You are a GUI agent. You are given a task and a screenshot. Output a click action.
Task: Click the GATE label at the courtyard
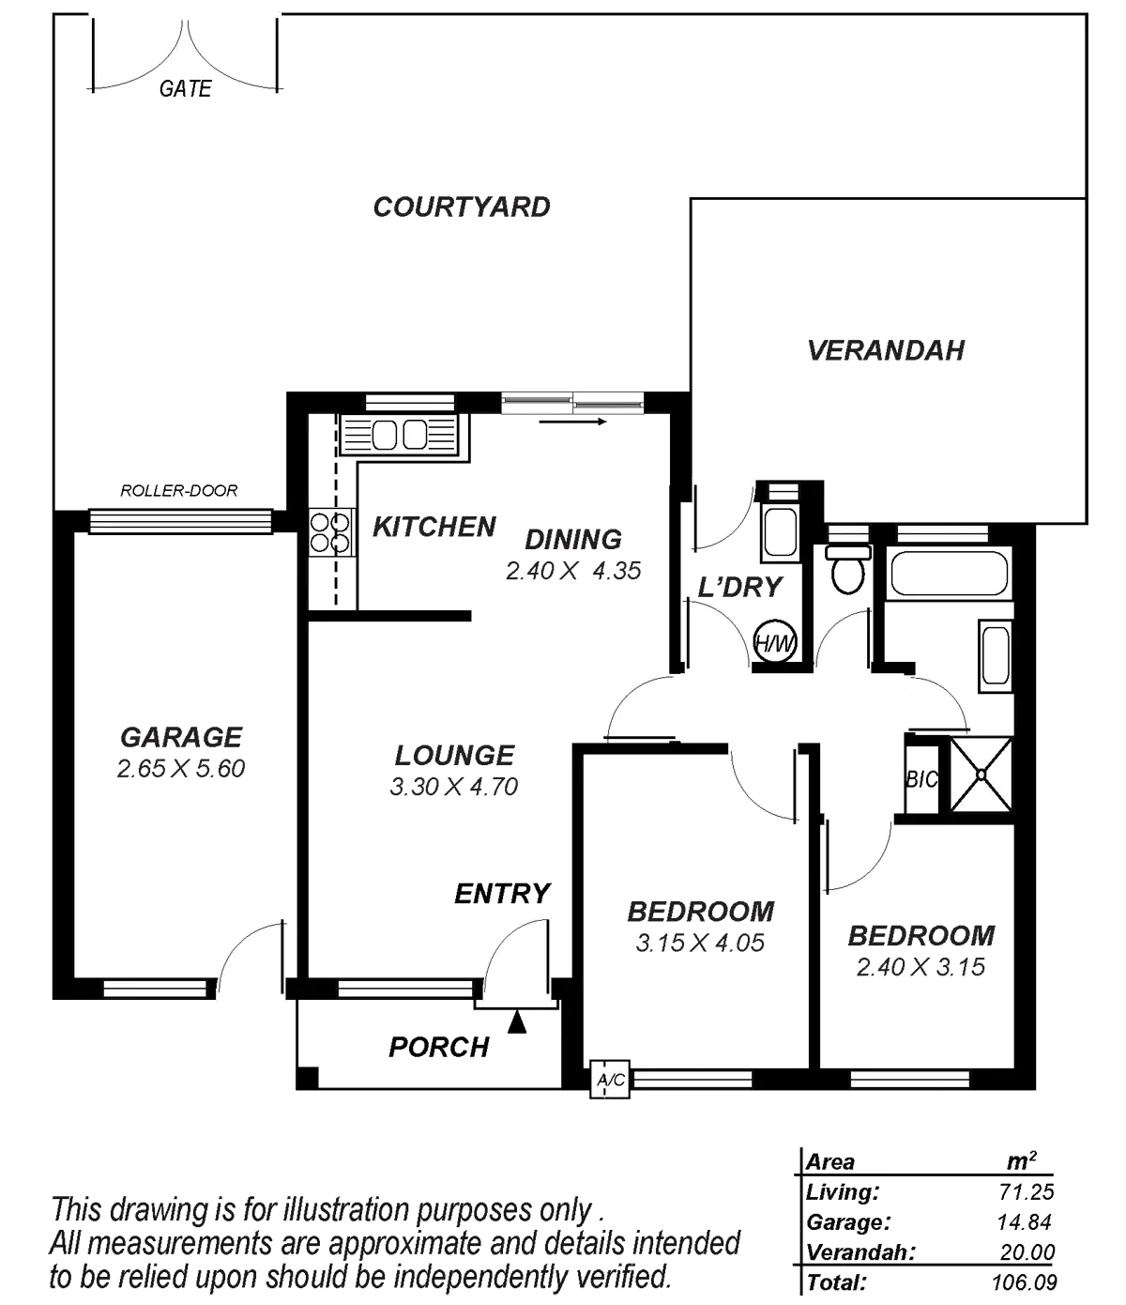click(185, 89)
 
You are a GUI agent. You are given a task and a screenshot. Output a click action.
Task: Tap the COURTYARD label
click(462, 207)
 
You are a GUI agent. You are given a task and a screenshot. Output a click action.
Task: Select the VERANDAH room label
click(887, 351)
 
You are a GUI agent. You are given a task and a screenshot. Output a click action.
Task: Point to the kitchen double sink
click(399, 436)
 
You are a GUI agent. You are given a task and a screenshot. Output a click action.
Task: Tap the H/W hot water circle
click(775, 643)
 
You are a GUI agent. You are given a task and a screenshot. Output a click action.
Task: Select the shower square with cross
click(981, 775)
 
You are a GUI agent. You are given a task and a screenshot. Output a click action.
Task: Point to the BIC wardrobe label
click(917, 779)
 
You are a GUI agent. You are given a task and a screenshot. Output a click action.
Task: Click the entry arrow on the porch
click(516, 1024)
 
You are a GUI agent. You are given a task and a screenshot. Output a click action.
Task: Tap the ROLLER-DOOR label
click(179, 490)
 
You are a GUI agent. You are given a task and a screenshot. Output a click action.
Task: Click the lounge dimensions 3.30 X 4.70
click(454, 787)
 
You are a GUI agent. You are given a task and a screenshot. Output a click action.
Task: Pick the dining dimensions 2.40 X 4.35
click(572, 571)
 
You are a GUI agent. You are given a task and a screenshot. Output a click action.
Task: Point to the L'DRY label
click(739, 589)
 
